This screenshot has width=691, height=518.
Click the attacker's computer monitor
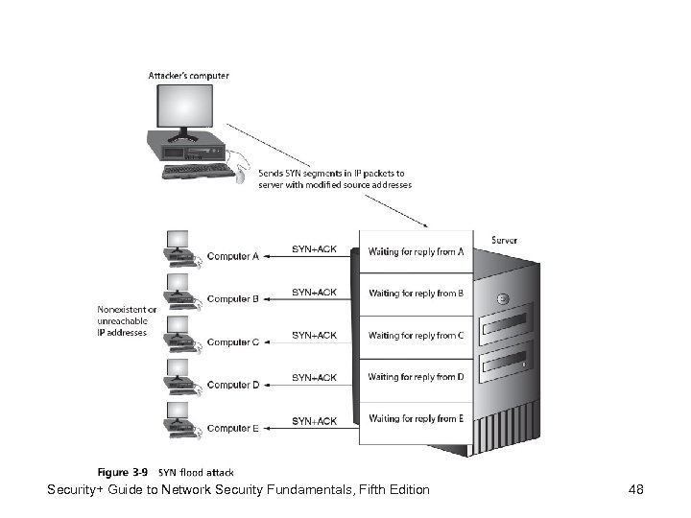[x=188, y=111]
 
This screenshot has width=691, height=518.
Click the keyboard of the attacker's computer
[x=198, y=171]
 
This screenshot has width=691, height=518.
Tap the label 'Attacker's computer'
[x=188, y=75]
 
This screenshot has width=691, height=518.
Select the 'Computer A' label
[x=233, y=256]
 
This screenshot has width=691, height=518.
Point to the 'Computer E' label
[x=233, y=428]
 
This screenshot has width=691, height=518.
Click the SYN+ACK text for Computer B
[x=314, y=292]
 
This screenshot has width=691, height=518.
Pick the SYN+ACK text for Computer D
[x=314, y=377]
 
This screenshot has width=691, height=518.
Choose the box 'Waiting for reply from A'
[x=416, y=252]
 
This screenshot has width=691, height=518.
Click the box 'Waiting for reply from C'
[x=416, y=336]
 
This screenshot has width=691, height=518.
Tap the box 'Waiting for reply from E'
[x=416, y=419]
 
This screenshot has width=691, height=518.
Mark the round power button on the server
[x=502, y=298]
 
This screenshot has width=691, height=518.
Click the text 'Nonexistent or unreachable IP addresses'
[x=122, y=321]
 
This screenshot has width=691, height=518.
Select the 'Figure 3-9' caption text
[x=123, y=472]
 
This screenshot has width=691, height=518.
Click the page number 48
[x=635, y=490]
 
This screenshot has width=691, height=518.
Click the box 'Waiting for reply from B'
[x=416, y=294]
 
